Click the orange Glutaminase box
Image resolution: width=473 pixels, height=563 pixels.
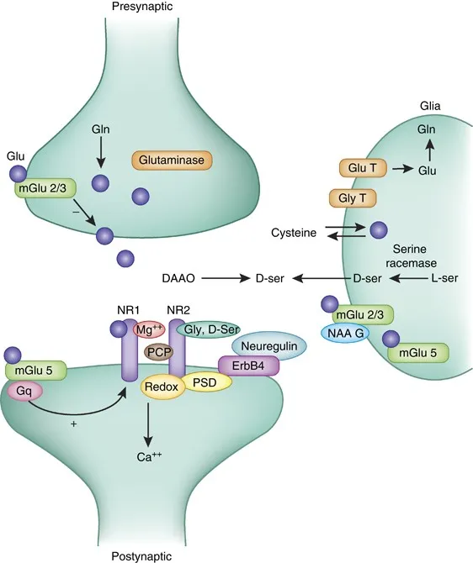[172, 159]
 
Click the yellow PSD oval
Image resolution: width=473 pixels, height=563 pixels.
[204, 381]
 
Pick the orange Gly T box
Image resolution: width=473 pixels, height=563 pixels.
[352, 199]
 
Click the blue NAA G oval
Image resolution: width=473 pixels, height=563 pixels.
[344, 334]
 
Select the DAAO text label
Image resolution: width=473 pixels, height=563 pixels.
[178, 276]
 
